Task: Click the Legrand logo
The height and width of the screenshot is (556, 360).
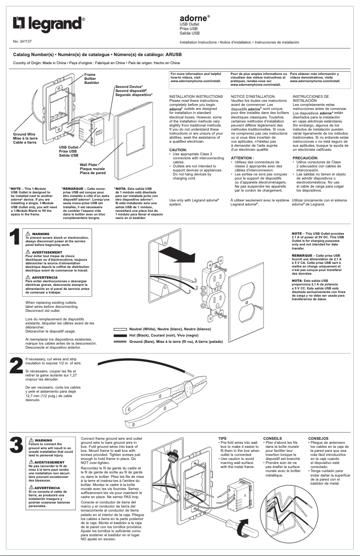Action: point(48,24)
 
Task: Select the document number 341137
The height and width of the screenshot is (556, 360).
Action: point(25,41)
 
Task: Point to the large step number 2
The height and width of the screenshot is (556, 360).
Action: point(16,365)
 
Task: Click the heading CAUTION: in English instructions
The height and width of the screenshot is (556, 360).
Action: point(178,149)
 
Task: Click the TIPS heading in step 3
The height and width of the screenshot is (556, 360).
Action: point(222,438)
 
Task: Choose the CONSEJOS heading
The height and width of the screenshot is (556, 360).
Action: point(318,438)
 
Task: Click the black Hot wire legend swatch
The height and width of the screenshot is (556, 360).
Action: point(120,335)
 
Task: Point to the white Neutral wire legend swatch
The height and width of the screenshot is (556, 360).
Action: point(120,329)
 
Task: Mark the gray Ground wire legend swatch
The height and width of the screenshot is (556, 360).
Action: point(120,341)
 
